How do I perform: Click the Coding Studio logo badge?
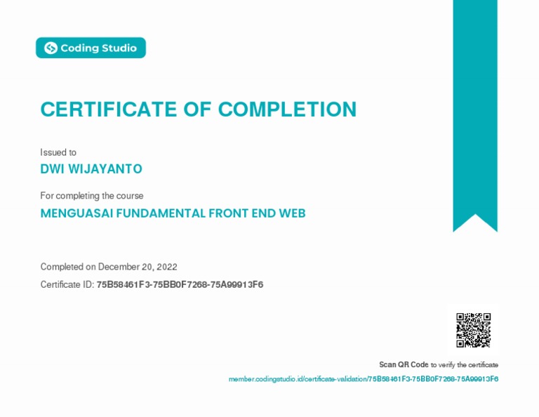click(91, 48)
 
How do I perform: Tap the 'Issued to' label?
click(58, 152)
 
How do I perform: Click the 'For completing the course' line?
click(92, 196)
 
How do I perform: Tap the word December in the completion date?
click(119, 267)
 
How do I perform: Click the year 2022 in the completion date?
click(167, 267)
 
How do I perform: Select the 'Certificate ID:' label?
click(67, 284)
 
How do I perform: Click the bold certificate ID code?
click(180, 284)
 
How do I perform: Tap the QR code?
click(473, 330)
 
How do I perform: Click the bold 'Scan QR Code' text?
click(404, 364)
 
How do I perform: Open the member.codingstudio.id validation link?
click(363, 379)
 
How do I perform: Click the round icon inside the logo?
click(51, 48)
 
